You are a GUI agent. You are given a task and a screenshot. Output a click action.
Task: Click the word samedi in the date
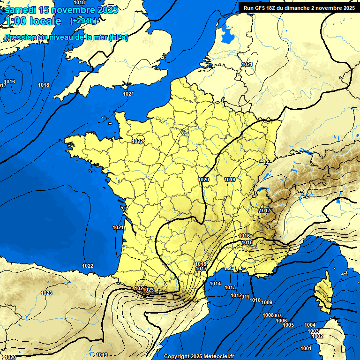click(x=21, y=10)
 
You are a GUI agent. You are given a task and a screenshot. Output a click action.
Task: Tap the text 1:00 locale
click(x=33, y=21)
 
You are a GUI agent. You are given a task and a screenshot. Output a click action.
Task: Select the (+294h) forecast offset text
click(x=84, y=21)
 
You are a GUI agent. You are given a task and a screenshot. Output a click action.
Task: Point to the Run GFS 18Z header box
click(x=299, y=7)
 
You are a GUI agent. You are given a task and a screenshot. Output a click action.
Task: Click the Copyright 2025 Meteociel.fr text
click(x=199, y=356)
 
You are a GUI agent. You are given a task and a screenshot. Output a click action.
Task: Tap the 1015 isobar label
click(x=247, y=242)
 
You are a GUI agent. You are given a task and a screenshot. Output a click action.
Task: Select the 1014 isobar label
click(x=215, y=284)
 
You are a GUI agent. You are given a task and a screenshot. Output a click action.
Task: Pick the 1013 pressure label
click(x=230, y=287)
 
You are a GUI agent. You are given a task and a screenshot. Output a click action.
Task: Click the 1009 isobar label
click(x=267, y=302)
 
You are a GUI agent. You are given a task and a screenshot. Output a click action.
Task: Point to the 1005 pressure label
click(x=288, y=325)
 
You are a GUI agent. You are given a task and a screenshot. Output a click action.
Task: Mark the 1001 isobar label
click(x=306, y=348)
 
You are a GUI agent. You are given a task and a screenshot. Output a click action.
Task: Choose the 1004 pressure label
click(x=310, y=325)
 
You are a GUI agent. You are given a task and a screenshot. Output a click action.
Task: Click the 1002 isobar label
click(x=317, y=336)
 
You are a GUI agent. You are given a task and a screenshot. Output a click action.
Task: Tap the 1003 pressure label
click(x=313, y=331)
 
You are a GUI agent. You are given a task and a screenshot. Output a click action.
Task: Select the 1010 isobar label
click(x=255, y=300)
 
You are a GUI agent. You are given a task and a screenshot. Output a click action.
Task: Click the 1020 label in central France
click(x=203, y=180)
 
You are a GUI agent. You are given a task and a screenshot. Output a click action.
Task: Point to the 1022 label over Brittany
click(x=137, y=141)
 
